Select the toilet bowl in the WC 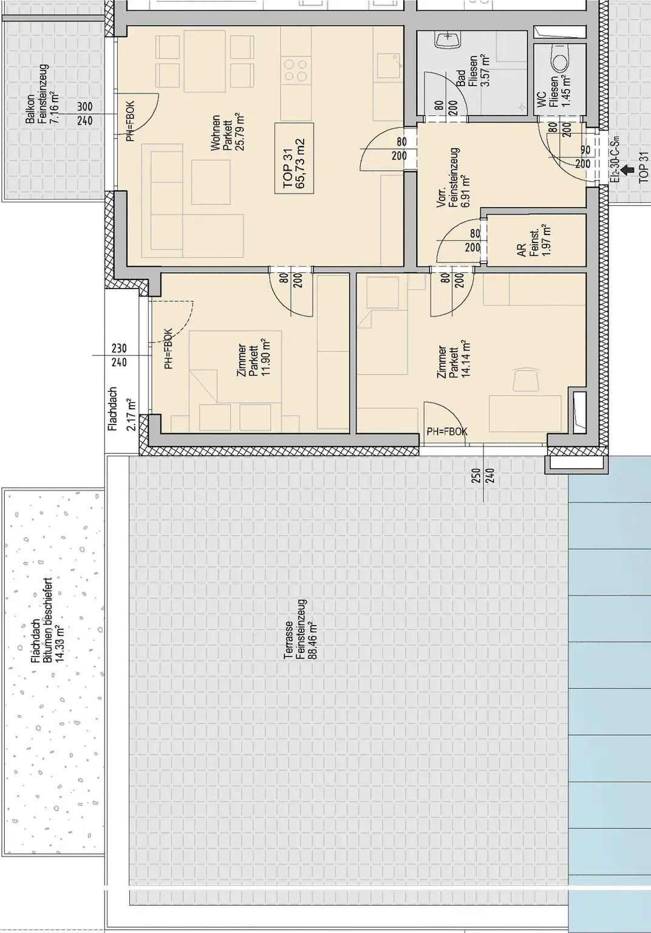tap(560, 60)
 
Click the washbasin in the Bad tap(448, 39)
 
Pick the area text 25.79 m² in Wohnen tap(240, 131)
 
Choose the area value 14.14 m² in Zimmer tap(466, 358)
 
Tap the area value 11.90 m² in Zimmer tap(266, 357)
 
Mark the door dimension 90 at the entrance tap(585, 149)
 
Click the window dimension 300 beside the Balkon tap(84, 107)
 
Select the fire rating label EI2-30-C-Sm tap(616, 159)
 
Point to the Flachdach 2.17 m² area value tap(132, 414)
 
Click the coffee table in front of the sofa tap(211, 182)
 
